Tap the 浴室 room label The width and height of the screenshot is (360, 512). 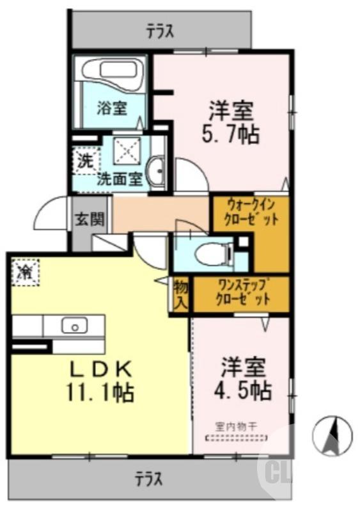click(x=111, y=108)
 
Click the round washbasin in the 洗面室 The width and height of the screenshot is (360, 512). click(x=155, y=172)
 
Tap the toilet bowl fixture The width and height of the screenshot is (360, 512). click(x=208, y=253)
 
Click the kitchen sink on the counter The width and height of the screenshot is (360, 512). click(x=74, y=326)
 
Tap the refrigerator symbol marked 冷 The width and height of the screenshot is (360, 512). click(x=25, y=272)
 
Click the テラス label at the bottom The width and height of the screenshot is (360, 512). click(x=148, y=478)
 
